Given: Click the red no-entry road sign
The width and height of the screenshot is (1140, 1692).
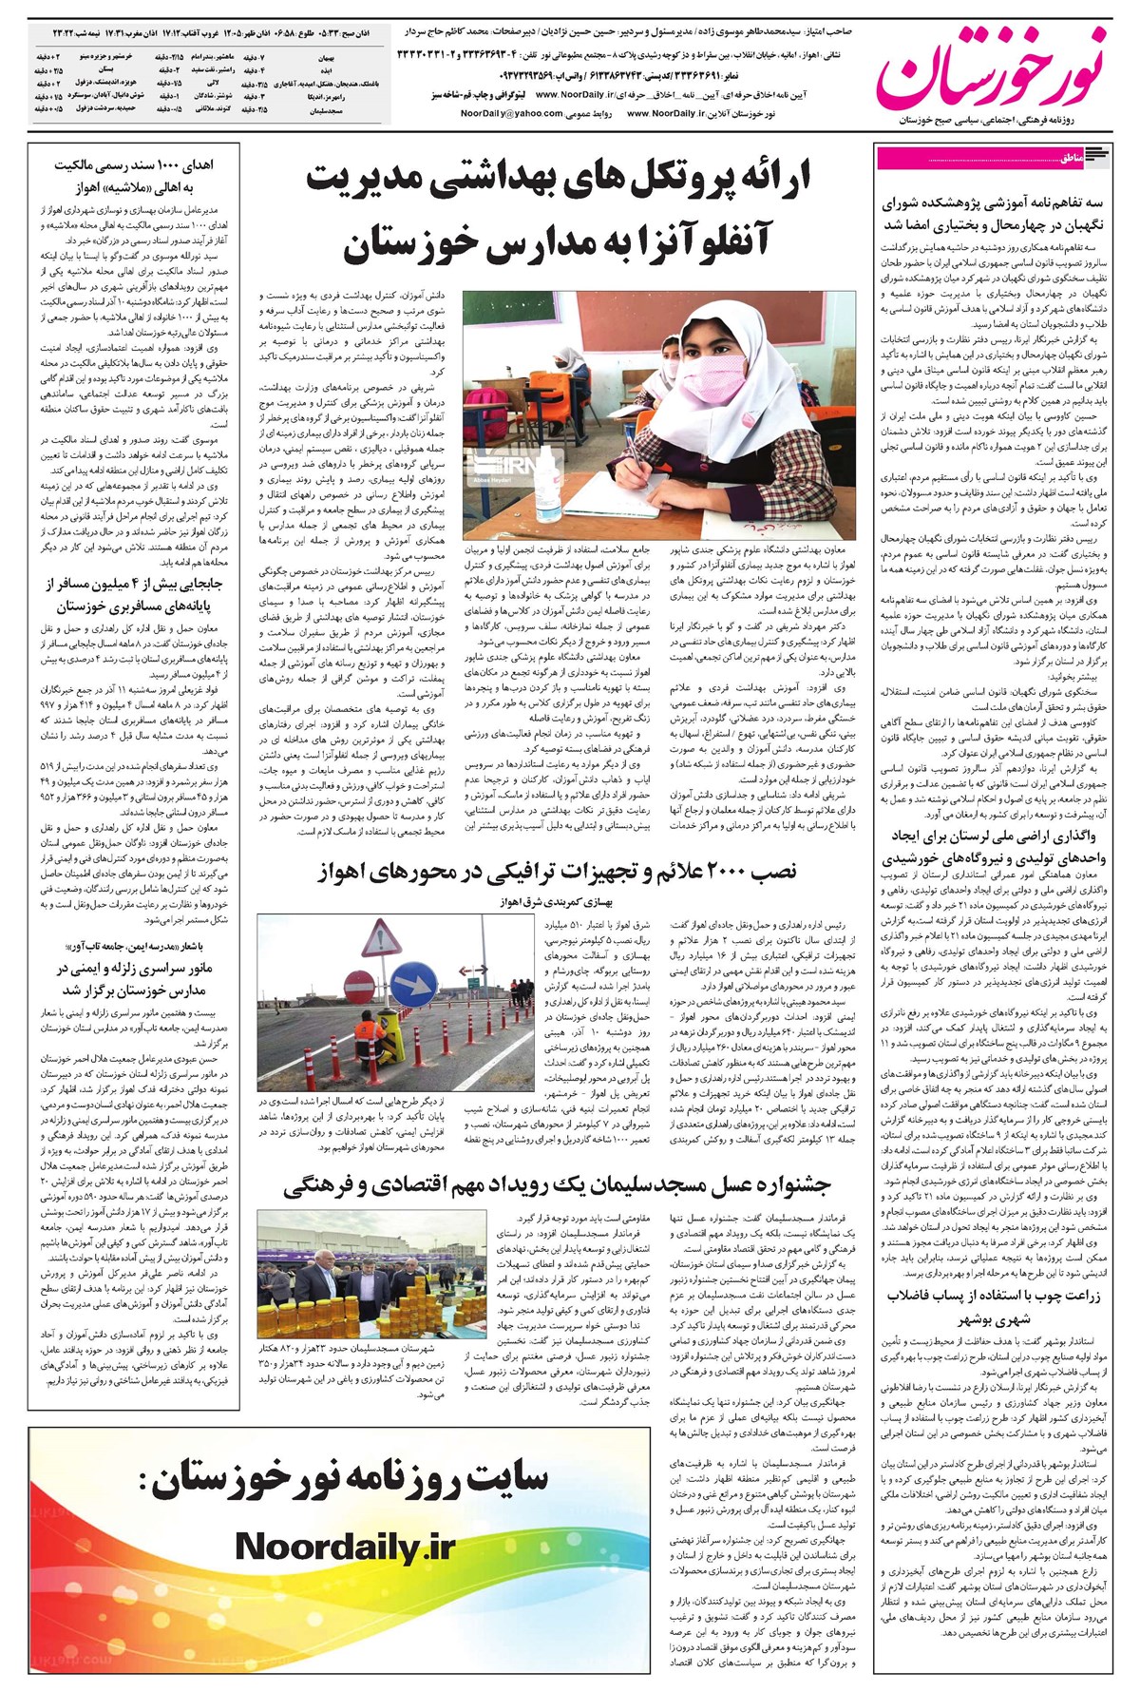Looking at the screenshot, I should pyautogui.click(x=359, y=985).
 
